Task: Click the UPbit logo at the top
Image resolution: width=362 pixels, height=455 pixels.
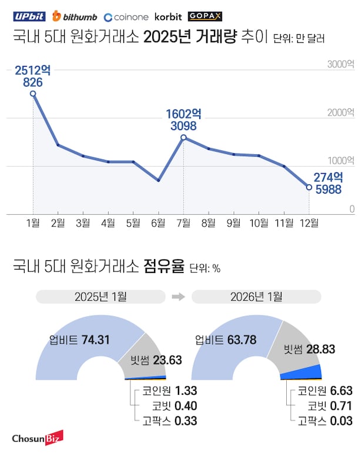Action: [x=29, y=16]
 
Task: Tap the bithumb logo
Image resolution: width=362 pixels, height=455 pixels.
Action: [x=75, y=16]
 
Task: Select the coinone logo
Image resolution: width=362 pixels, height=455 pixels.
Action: [x=126, y=16]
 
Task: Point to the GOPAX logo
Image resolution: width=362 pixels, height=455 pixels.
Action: [x=205, y=16]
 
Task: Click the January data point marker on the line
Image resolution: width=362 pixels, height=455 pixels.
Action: [x=33, y=94]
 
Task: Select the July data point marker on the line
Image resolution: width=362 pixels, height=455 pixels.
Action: [x=183, y=138]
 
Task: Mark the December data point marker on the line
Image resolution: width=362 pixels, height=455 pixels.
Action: [x=309, y=187]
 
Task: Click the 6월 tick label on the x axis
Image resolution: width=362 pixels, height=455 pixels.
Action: [x=158, y=223]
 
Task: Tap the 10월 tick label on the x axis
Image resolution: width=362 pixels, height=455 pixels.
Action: [x=259, y=223]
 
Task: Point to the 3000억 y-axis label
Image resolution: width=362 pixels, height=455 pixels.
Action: [x=341, y=64]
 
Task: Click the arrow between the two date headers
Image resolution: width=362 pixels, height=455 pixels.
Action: [x=179, y=297]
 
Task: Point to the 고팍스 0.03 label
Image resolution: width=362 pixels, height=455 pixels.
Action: [x=325, y=421]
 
